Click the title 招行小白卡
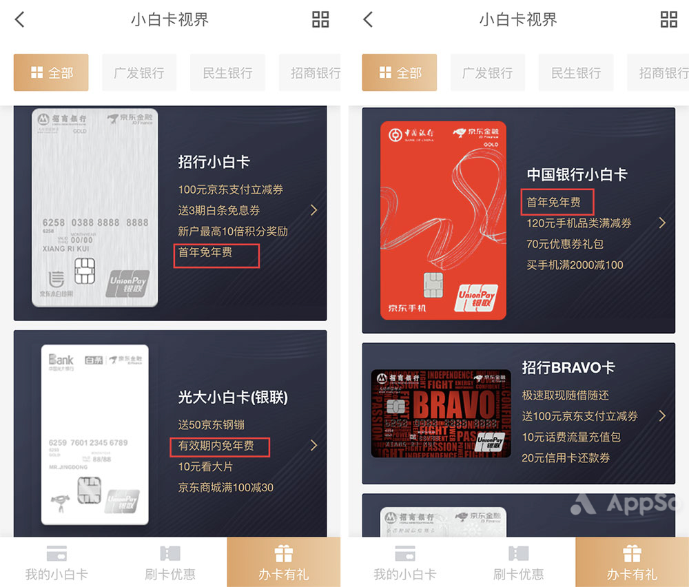[214, 163]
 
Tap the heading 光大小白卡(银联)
[233, 398]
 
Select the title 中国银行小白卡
[577, 175]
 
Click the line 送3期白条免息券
[219, 211]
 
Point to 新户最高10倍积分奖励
[233, 231]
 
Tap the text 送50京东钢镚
[212, 425]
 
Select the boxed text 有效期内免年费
[216, 446]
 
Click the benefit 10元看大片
[205, 466]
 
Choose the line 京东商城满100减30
[226, 488]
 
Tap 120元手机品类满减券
[579, 223]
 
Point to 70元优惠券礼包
[565, 244]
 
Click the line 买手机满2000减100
[575, 265]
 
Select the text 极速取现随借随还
[565, 395]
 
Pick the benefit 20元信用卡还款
[565, 457]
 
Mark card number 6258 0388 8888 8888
[95, 223]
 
